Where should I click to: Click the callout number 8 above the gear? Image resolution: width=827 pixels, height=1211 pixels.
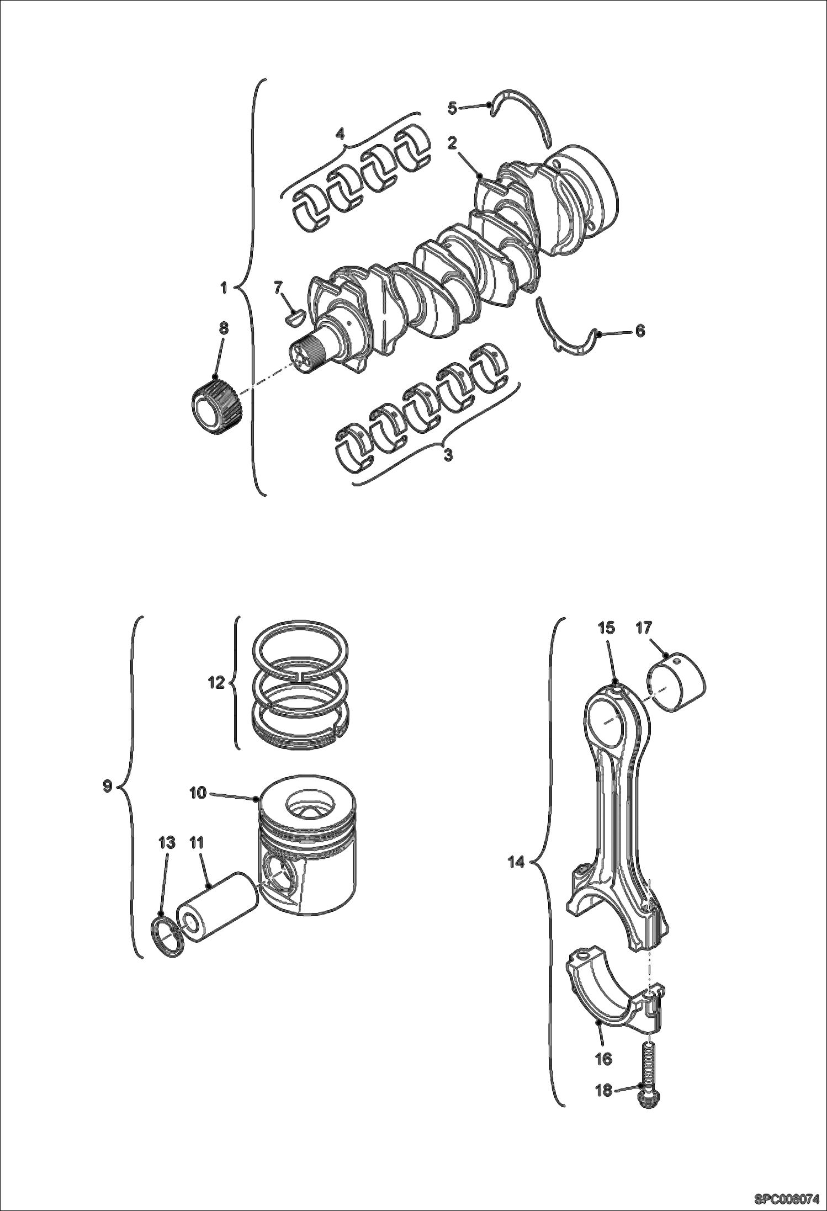click(223, 328)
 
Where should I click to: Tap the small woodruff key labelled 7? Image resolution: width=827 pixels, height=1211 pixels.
click(293, 316)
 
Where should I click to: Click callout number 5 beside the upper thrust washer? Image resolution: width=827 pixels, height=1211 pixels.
click(452, 108)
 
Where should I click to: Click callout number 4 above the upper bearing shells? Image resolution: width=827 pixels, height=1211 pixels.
click(340, 134)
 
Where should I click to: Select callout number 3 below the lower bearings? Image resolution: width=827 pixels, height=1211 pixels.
click(448, 455)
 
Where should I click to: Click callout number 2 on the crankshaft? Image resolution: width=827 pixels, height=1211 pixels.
click(452, 144)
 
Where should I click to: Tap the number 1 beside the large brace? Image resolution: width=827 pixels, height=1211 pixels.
click(224, 288)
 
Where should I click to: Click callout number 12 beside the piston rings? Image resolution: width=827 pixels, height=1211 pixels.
click(216, 683)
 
